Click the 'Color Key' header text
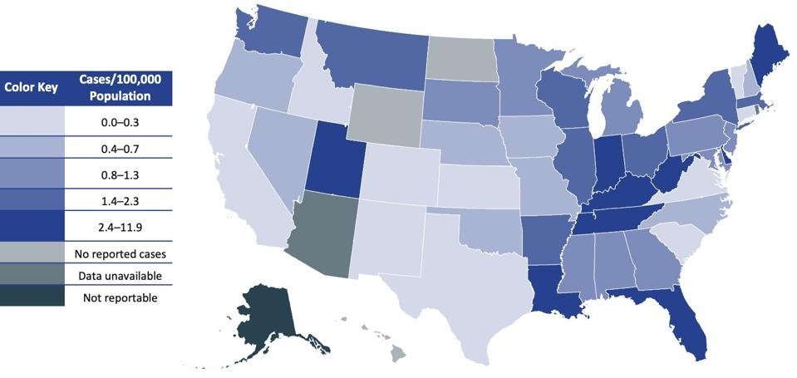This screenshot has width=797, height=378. click(31, 87)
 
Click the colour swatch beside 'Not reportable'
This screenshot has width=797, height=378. click(32, 297)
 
